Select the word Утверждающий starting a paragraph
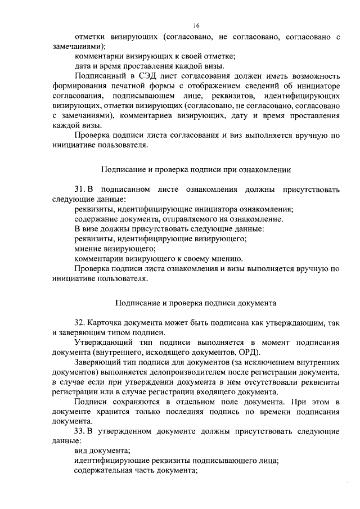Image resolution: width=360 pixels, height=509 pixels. (101, 342)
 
